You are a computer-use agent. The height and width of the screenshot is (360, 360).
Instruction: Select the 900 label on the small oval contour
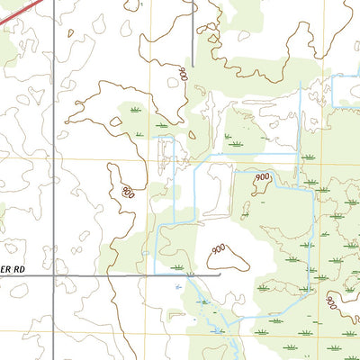(x=127, y=190)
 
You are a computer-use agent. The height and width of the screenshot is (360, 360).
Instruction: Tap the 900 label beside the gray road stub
(x=184, y=73)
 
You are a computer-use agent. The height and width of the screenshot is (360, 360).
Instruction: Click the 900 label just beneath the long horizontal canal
(x=261, y=178)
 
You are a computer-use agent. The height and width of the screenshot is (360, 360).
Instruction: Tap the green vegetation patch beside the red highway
(x=7, y=49)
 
